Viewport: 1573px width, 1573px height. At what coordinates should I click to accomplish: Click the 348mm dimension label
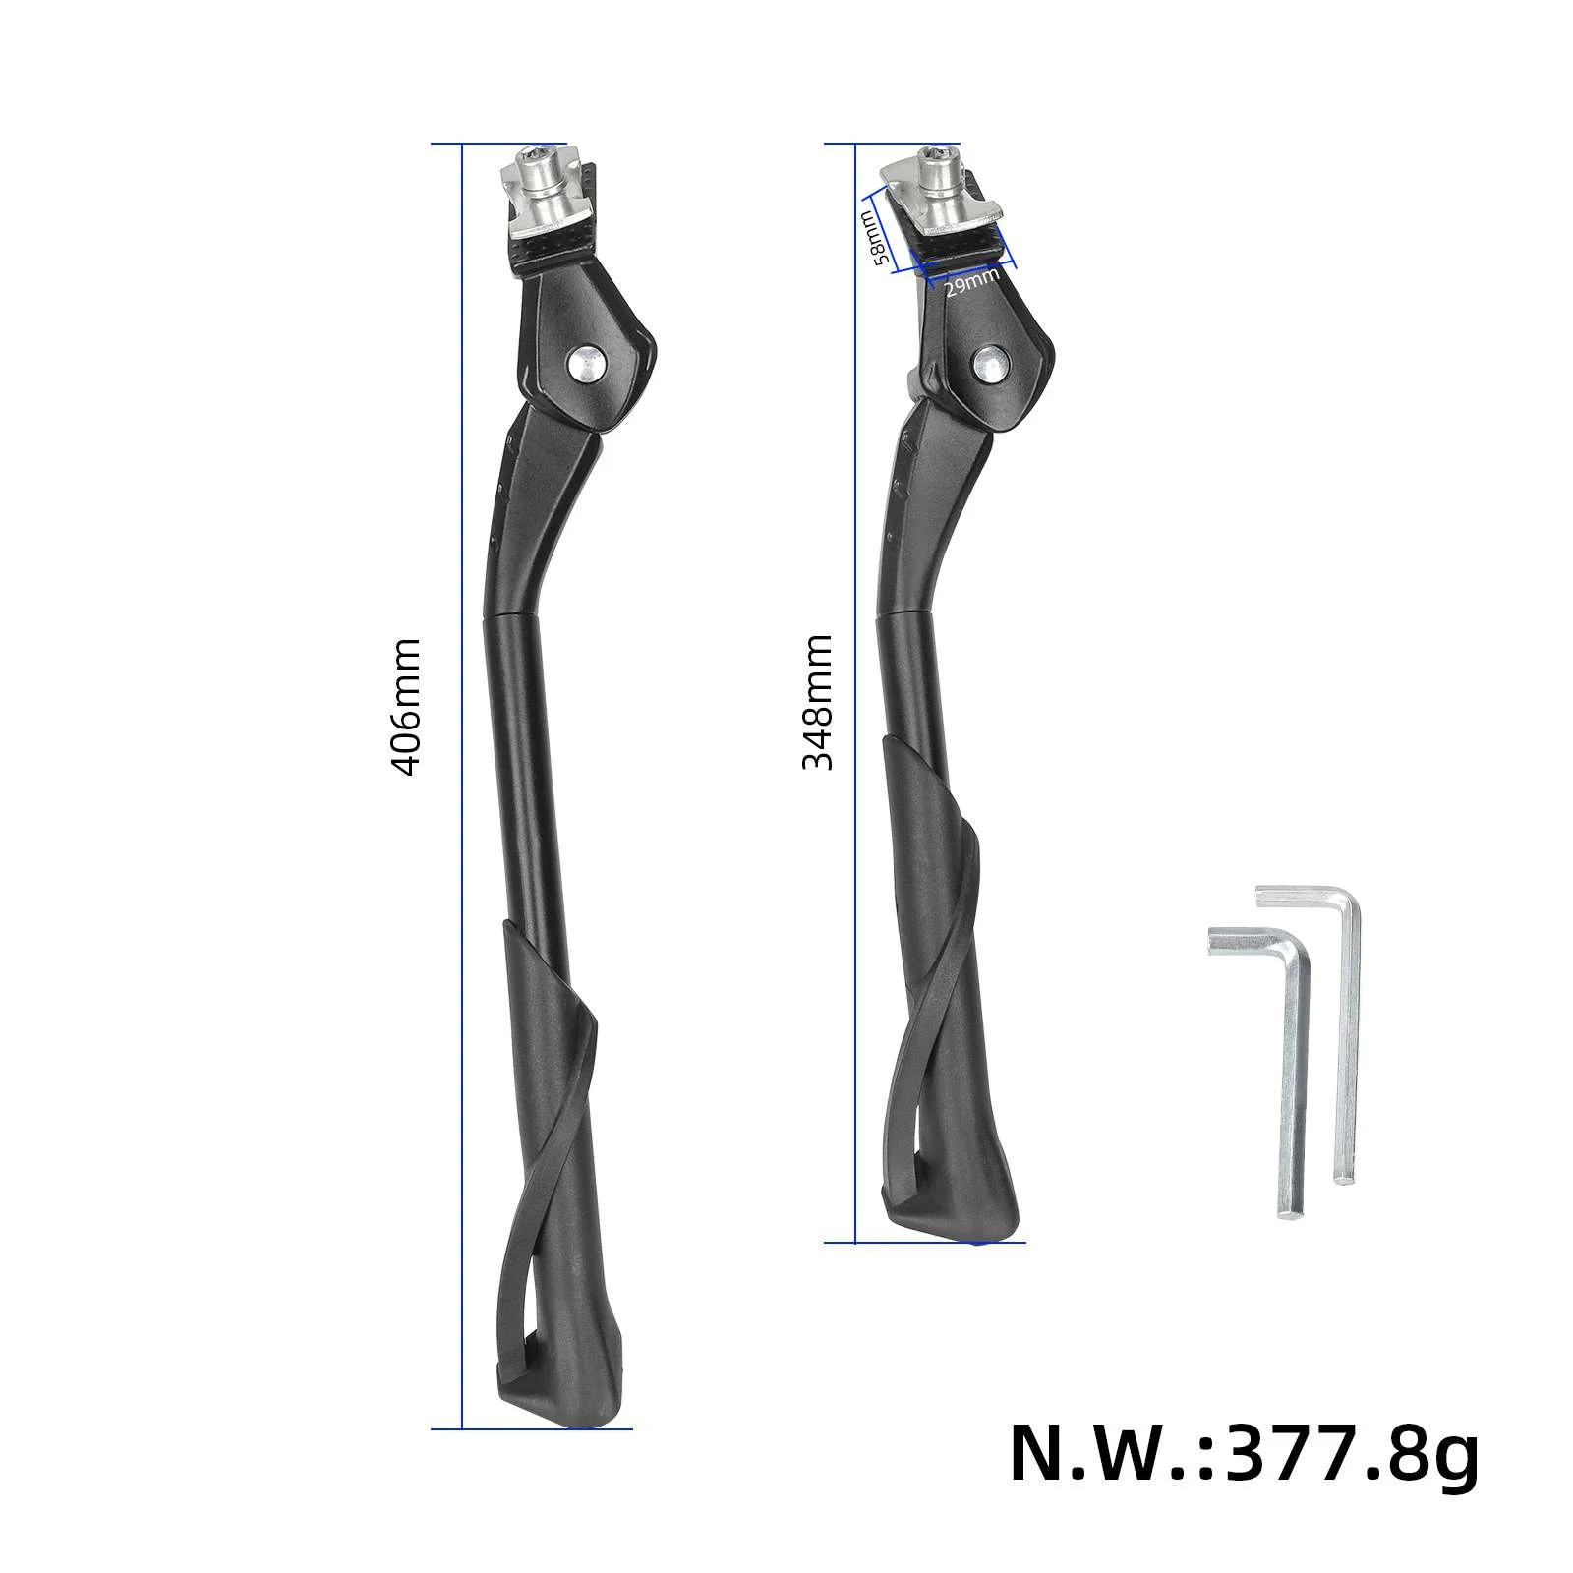(818, 702)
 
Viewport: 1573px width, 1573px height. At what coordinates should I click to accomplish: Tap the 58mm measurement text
(874, 238)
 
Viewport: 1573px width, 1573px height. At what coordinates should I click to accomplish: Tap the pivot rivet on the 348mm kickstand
(989, 362)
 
